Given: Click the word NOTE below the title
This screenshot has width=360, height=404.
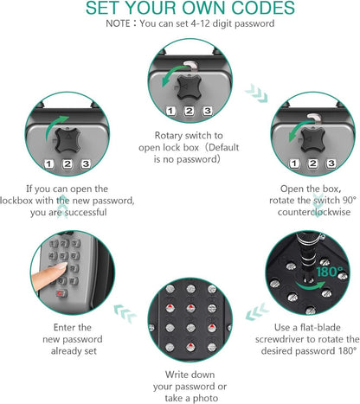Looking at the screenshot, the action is (118, 23).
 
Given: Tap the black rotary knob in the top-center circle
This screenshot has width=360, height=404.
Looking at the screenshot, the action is (189, 87).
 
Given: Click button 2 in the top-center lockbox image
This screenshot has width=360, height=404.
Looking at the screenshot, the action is (189, 111).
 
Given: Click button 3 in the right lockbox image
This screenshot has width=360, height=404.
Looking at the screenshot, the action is (331, 164).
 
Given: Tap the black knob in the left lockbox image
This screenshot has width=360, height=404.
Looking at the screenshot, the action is (67, 140).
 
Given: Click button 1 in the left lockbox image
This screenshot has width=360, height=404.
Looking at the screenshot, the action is (48, 164).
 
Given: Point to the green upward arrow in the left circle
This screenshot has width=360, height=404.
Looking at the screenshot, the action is (55, 127).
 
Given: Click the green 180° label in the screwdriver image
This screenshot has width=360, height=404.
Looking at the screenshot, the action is (330, 272).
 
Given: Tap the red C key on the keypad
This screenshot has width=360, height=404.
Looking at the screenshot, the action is (61, 293).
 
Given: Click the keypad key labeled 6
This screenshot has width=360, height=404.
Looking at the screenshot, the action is (74, 255).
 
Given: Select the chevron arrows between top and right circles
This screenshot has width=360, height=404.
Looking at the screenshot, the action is (256, 93).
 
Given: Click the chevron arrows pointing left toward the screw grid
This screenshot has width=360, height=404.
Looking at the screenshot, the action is (257, 311).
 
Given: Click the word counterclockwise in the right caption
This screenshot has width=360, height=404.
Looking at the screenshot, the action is (314, 212).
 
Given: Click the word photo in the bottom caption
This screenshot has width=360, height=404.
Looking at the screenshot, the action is (205, 398).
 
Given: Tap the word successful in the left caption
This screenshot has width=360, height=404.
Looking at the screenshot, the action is (86, 212).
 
